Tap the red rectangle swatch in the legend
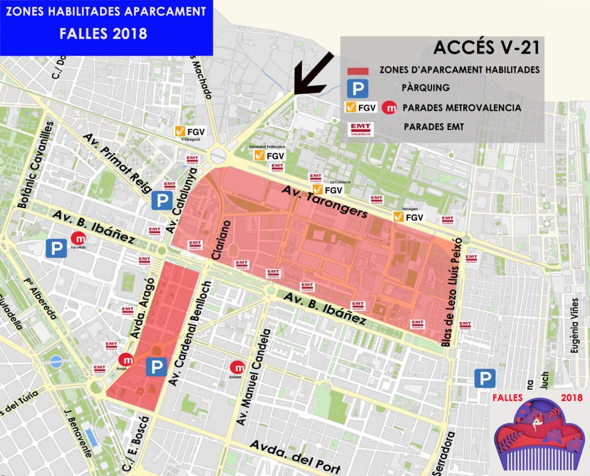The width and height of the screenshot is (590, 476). coord(357,70)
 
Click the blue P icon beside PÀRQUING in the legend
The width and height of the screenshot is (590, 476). coord(357,88)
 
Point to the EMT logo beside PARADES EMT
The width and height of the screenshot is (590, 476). coord(360,129)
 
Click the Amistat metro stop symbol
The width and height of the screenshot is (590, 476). coord(238,367)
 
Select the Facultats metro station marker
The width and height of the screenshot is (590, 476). coord(78,239)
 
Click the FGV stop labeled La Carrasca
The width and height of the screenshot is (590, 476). coord(328,190)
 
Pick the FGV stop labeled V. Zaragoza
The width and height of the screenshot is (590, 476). coord(190,131)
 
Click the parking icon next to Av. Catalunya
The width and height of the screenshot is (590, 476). coord(162,200)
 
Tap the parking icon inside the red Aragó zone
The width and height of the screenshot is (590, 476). coord(156,366)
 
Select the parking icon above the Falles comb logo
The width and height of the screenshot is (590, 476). coord(485,379)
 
